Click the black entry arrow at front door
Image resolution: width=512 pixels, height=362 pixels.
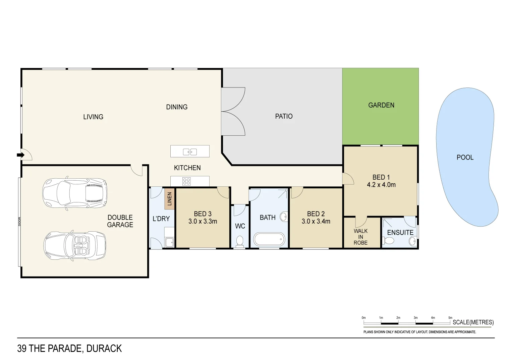20,155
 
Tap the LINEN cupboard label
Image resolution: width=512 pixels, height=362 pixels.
169,199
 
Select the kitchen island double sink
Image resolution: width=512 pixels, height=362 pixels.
190,152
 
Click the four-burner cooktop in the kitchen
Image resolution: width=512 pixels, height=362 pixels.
186,181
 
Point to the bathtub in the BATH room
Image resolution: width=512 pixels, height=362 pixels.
269,240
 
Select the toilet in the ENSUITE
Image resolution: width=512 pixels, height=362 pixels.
388,241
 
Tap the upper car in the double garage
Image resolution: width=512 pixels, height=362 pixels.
75,193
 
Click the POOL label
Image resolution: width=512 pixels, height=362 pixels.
465,157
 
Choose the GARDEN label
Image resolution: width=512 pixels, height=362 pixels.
381,105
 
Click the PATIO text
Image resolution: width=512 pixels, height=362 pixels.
284,116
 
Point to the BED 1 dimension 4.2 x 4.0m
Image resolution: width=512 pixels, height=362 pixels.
381,185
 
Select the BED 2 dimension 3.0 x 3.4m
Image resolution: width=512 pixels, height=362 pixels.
316,221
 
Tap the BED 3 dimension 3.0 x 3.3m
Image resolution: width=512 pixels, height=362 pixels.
203,221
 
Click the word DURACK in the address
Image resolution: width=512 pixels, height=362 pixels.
104,349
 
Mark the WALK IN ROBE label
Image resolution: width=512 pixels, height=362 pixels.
360,237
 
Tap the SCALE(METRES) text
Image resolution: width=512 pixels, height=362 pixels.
473,322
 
